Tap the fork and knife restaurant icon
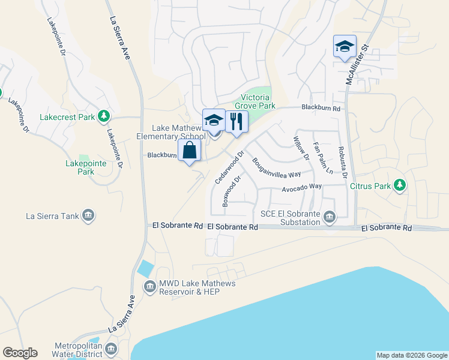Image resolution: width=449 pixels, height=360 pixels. point(237,122)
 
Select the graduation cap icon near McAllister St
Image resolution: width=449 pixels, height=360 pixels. point(345,46)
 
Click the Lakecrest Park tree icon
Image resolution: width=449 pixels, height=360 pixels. point(104,115)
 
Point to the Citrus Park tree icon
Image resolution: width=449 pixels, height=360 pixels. point(399,186)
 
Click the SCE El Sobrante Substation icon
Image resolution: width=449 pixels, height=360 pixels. point(329,217)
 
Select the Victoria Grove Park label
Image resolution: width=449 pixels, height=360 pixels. point(258,101)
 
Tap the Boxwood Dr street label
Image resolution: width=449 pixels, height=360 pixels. point(232,191)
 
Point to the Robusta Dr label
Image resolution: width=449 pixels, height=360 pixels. point(342,163)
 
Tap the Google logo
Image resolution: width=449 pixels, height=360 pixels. point(20,353)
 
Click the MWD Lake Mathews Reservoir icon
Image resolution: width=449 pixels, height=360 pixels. point(148,287)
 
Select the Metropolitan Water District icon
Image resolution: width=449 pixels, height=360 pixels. point(111,349)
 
